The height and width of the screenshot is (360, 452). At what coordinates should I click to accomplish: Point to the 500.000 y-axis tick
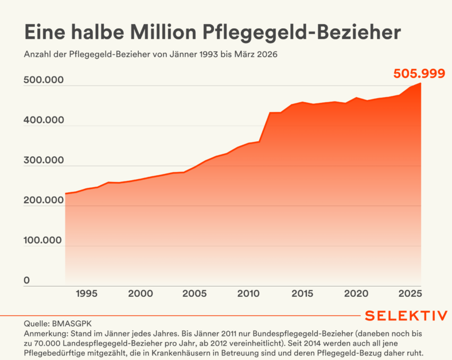coord(44,81)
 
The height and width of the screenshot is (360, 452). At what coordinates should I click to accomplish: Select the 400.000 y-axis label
coord(44,121)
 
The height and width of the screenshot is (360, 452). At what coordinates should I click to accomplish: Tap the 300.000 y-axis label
coord(44,161)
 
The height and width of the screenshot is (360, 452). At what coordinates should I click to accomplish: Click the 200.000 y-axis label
coord(44,200)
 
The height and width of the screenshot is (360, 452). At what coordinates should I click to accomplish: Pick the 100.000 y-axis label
coord(44,241)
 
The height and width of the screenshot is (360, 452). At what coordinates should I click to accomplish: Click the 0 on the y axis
coord(26,281)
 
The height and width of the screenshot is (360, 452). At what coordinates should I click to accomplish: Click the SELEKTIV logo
coord(406,316)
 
